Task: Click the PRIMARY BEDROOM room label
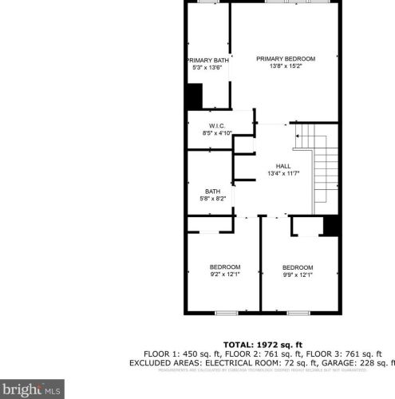(286, 58)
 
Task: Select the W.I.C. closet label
(217, 126)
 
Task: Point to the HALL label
(283, 164)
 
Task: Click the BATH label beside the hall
(212, 191)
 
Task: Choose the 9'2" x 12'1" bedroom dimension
(224, 274)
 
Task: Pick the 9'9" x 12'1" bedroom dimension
(298, 274)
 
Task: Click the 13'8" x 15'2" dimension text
(286, 67)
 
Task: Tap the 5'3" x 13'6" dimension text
(207, 69)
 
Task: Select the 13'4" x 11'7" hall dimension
(282, 173)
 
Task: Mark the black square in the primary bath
(194, 97)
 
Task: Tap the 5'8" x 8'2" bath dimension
(212, 199)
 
